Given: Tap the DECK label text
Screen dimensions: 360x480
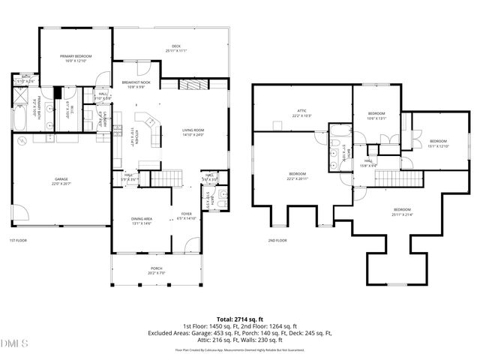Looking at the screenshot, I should coord(176,49).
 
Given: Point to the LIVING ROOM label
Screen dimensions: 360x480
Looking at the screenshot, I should coord(193,133).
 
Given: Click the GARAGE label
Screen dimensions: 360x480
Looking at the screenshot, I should coord(61,181).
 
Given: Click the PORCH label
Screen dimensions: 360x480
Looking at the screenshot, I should coord(156,270).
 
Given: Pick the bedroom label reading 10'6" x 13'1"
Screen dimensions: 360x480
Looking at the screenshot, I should coord(376,115).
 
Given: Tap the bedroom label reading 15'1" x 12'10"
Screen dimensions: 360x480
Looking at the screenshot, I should coord(438,143).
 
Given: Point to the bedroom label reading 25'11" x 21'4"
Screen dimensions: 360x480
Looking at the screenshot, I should coord(402,211).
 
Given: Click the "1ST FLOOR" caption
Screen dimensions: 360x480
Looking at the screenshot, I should coord(19,241).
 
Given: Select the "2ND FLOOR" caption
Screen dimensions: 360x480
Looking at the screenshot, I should coord(277,241).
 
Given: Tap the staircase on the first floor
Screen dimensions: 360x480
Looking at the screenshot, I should coord(167,178).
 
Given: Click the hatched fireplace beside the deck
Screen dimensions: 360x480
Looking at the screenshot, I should coord(192,85).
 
